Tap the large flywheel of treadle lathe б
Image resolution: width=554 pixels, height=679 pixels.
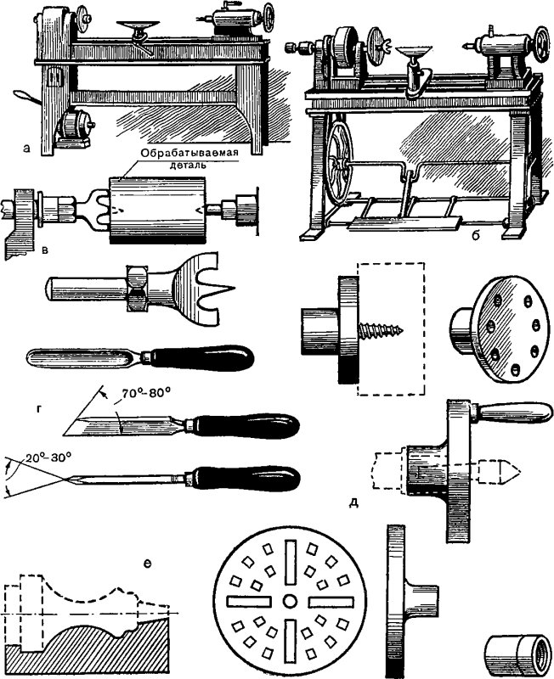(343, 169)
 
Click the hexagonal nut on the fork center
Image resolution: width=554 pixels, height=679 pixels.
(136, 287)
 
